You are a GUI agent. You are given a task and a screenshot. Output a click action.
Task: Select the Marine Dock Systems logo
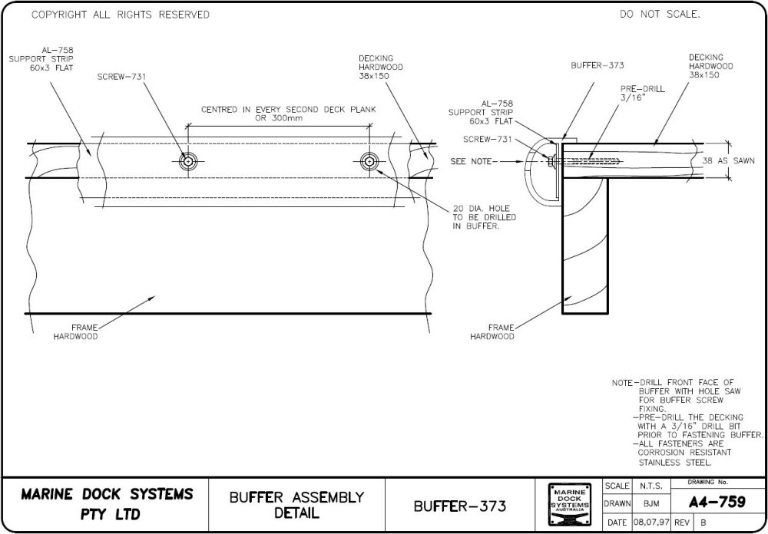coord(570,504)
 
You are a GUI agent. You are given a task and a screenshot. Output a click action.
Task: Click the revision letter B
coord(702,522)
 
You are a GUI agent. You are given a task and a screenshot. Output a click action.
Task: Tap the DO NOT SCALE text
coord(660,15)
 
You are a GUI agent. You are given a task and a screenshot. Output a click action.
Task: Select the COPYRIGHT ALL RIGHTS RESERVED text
coord(120,15)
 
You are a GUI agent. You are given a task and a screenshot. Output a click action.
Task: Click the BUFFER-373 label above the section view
coord(597,66)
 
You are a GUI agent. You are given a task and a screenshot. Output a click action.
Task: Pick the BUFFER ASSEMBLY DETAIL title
coord(296,504)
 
